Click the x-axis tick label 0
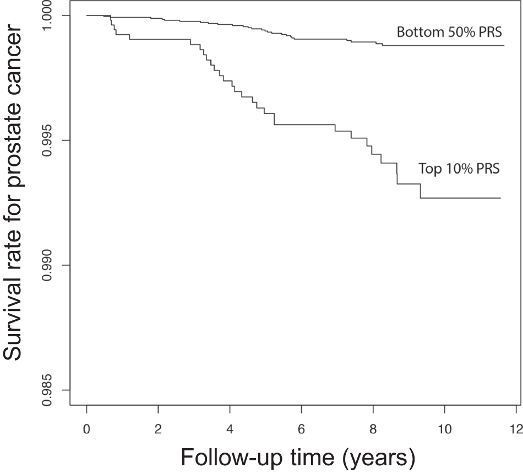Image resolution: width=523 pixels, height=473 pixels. (x=87, y=428)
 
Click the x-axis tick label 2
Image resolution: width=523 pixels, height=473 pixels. (x=159, y=428)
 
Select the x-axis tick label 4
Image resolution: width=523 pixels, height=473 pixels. (x=230, y=428)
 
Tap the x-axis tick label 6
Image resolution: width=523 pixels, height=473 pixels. (x=302, y=428)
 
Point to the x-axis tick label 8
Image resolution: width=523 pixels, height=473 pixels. (x=373, y=428)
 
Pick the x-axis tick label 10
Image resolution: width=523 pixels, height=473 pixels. (x=445, y=428)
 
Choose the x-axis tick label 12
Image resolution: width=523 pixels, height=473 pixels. (x=516, y=428)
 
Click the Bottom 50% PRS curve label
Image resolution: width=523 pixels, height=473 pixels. (x=449, y=32)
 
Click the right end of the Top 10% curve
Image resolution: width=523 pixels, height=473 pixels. (x=500, y=198)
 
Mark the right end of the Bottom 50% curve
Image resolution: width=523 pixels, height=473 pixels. (x=504, y=45)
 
